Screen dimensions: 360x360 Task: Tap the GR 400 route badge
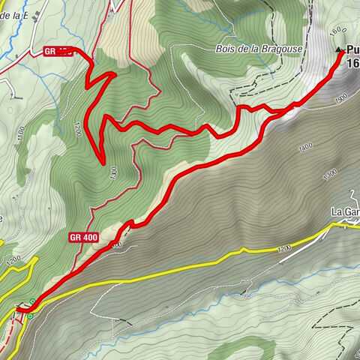84,238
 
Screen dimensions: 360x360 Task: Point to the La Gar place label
345,211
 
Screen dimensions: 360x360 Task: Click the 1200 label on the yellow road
283,248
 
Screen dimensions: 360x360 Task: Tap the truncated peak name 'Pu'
352,51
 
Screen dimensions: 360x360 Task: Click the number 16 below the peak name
352,64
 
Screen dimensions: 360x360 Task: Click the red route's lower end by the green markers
19,308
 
